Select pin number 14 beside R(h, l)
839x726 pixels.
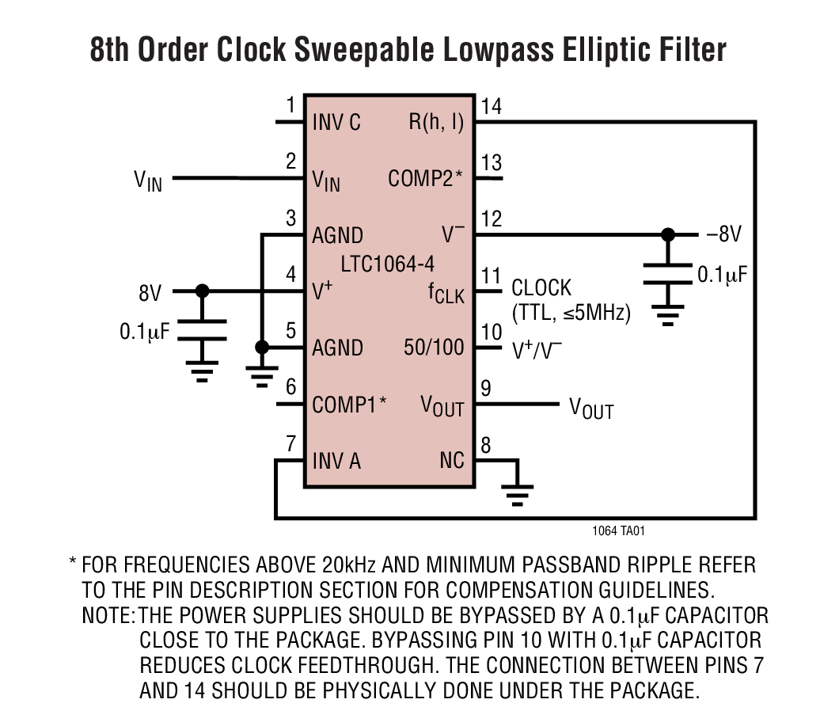[x=491, y=107]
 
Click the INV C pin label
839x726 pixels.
[x=336, y=123]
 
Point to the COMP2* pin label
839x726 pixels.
[x=425, y=179]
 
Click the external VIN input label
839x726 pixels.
[x=147, y=181]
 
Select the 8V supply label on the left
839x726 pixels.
[x=150, y=293]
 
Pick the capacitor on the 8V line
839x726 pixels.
[x=203, y=330]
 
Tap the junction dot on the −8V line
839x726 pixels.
[x=669, y=235]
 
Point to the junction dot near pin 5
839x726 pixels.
[x=261, y=348]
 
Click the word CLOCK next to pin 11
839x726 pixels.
[x=541, y=288]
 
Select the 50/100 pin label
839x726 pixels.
[x=434, y=348]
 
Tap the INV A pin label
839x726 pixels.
[x=336, y=461]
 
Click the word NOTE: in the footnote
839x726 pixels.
[x=108, y=615]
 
